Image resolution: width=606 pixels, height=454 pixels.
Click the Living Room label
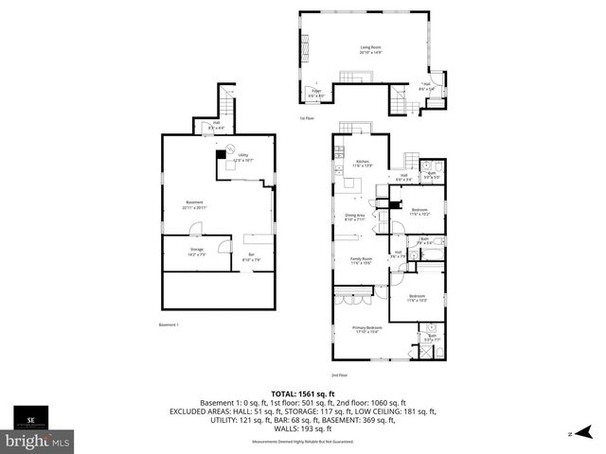(369, 50)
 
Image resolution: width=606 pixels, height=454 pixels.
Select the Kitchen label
(361, 164)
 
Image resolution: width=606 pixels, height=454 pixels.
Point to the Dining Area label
(355, 218)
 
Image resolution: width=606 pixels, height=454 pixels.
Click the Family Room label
(361, 261)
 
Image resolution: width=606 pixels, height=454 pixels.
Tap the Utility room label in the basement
(243, 157)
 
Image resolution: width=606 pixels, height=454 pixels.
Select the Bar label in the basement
(252, 255)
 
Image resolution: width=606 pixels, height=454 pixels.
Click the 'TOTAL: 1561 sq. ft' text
(303, 393)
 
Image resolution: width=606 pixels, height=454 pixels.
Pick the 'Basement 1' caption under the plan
(169, 325)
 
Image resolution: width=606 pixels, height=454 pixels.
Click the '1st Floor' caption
(306, 118)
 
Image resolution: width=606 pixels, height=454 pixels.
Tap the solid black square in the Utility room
(221, 154)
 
